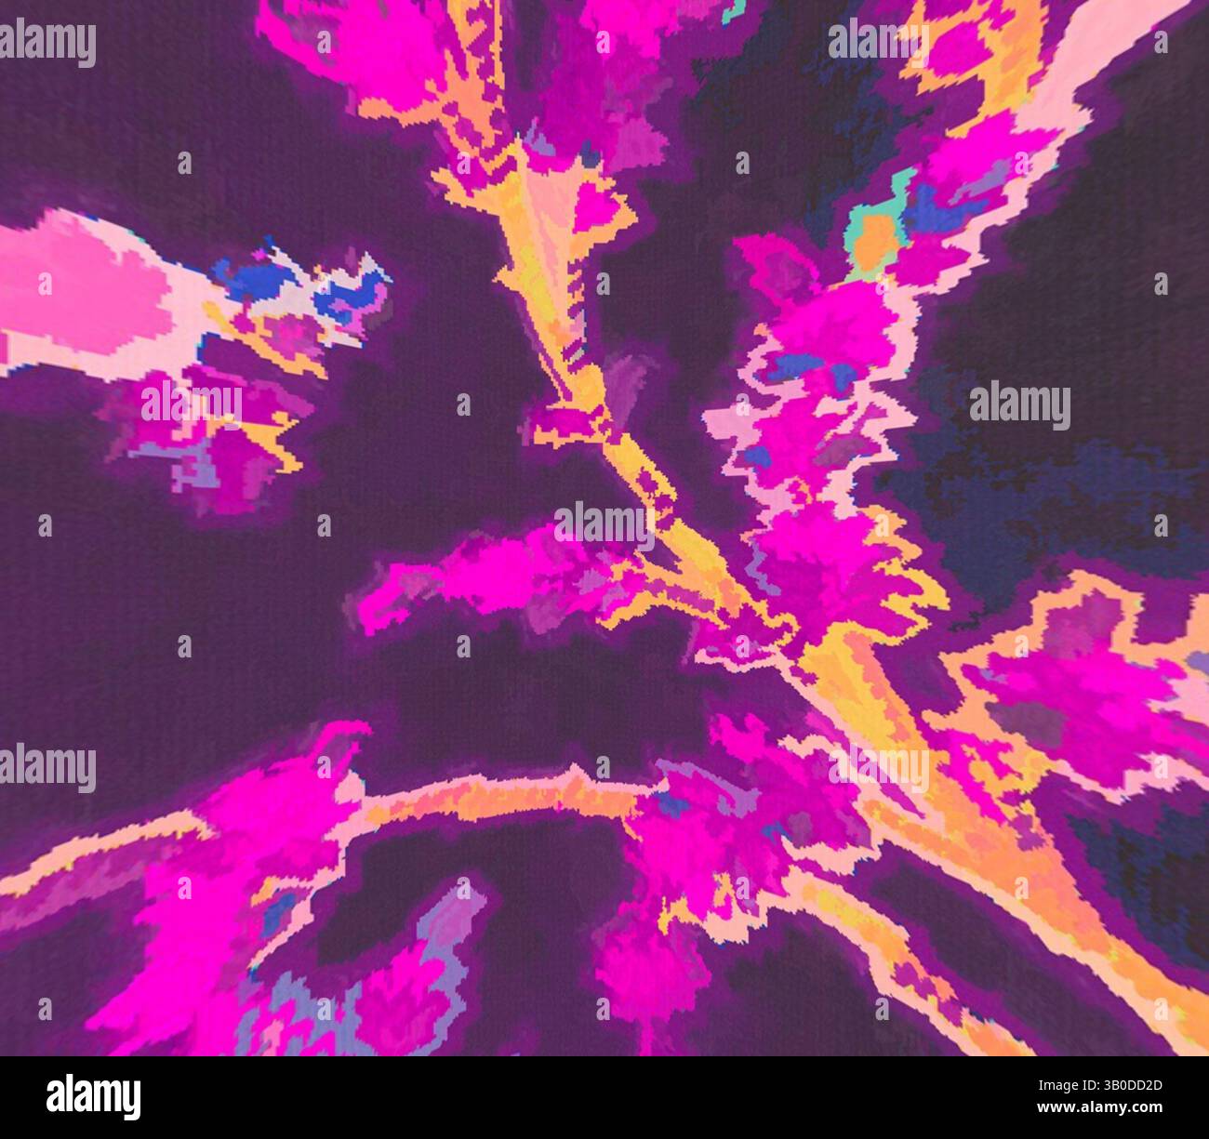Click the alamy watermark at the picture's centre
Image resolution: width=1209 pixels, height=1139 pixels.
604,526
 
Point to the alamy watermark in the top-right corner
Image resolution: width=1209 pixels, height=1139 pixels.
878,40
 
